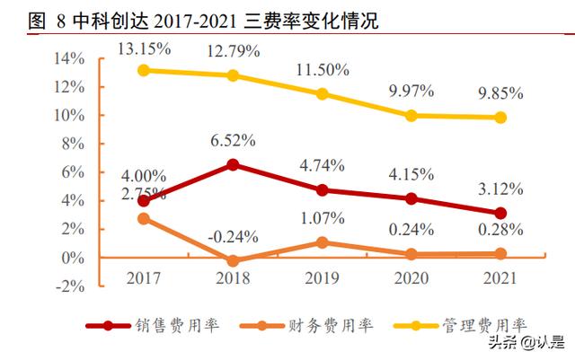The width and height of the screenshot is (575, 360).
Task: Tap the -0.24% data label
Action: pos(233,237)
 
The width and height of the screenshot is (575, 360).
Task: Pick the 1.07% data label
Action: pos(322,218)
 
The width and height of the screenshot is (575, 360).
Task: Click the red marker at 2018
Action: pos(233,164)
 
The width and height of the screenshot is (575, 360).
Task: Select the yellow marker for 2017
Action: pos(143,70)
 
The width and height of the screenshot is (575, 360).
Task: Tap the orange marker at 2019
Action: pos(323,242)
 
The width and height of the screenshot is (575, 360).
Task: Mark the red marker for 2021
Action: pos(500,213)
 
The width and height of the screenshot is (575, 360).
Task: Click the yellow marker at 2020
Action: pos(411,115)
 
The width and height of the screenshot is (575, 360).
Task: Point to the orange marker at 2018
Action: pos(233,261)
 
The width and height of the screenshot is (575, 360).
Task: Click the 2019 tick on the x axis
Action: pos(323,279)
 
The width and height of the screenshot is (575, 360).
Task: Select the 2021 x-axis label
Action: pos(500,279)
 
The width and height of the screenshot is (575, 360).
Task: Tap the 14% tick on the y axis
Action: pos(69,58)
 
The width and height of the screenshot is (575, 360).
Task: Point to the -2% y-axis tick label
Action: pos(69,286)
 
